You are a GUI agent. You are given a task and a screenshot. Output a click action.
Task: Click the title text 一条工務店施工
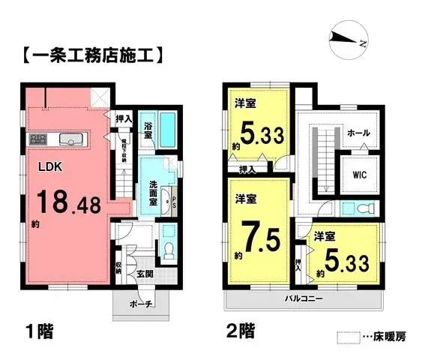point(89,55)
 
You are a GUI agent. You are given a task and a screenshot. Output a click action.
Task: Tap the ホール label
point(357,132)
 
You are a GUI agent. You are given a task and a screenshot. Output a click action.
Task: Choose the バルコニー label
point(303,298)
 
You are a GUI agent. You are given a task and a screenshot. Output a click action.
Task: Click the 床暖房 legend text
point(388,339)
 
